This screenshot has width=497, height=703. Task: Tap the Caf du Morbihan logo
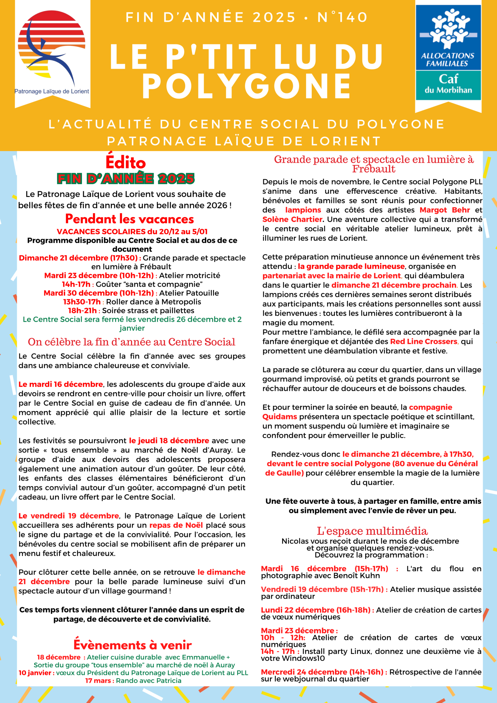tap(448, 53)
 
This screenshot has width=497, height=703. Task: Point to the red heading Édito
tap(125, 163)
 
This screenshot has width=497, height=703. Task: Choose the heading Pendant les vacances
tap(130, 219)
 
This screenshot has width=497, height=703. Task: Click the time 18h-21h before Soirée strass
tap(82, 311)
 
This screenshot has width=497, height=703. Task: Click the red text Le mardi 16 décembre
tap(61, 384)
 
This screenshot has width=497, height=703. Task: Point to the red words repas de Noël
tap(176, 525)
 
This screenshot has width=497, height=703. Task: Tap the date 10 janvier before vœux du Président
tap(37, 673)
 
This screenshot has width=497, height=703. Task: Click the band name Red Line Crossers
tap(423, 341)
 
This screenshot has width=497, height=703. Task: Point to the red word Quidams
tap(280, 417)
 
